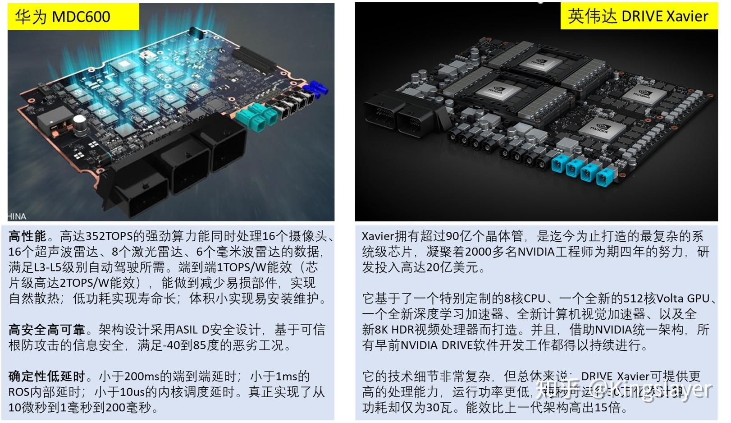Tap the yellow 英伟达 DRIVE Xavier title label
click(x=638, y=16)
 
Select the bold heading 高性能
click(x=27, y=236)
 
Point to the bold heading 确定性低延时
click(x=46, y=377)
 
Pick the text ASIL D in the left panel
click(x=193, y=330)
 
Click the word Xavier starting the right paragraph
click(x=378, y=236)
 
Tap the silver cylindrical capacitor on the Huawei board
click(x=80, y=124)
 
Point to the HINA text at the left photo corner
click(x=17, y=216)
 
